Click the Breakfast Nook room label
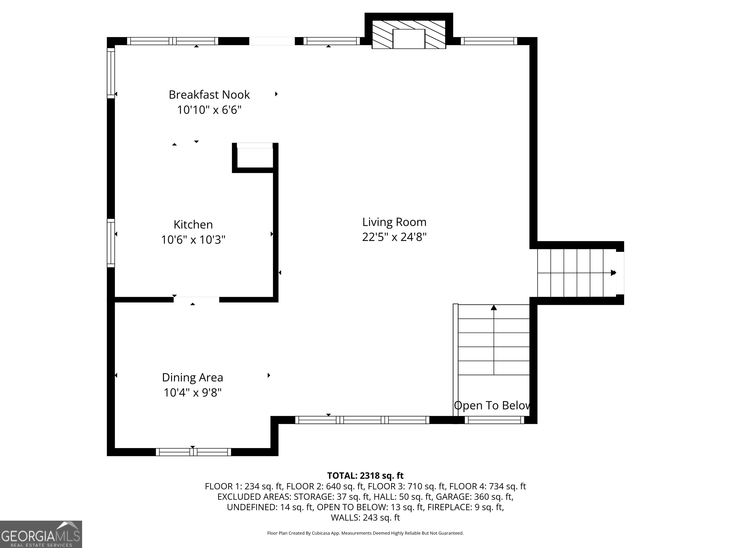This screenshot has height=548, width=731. [x=209, y=95]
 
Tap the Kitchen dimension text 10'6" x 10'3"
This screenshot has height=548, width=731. [x=193, y=240]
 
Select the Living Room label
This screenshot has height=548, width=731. [x=394, y=222]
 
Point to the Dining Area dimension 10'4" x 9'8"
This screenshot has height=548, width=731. [x=193, y=392]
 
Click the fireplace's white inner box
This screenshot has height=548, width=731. [x=409, y=39]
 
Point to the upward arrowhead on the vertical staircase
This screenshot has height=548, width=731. [x=494, y=308]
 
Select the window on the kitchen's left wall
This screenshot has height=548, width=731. [x=111, y=243]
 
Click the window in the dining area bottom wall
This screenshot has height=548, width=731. [x=193, y=452]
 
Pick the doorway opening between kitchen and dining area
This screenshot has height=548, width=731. [x=196, y=300]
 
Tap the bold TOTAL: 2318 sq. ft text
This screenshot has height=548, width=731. [x=365, y=476]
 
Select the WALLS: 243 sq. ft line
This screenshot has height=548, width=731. [x=365, y=517]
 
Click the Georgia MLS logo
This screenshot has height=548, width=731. [x=41, y=534]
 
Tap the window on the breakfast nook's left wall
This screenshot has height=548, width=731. [x=111, y=73]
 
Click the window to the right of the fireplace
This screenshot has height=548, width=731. [x=489, y=41]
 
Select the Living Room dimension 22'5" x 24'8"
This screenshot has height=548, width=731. [x=394, y=237]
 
